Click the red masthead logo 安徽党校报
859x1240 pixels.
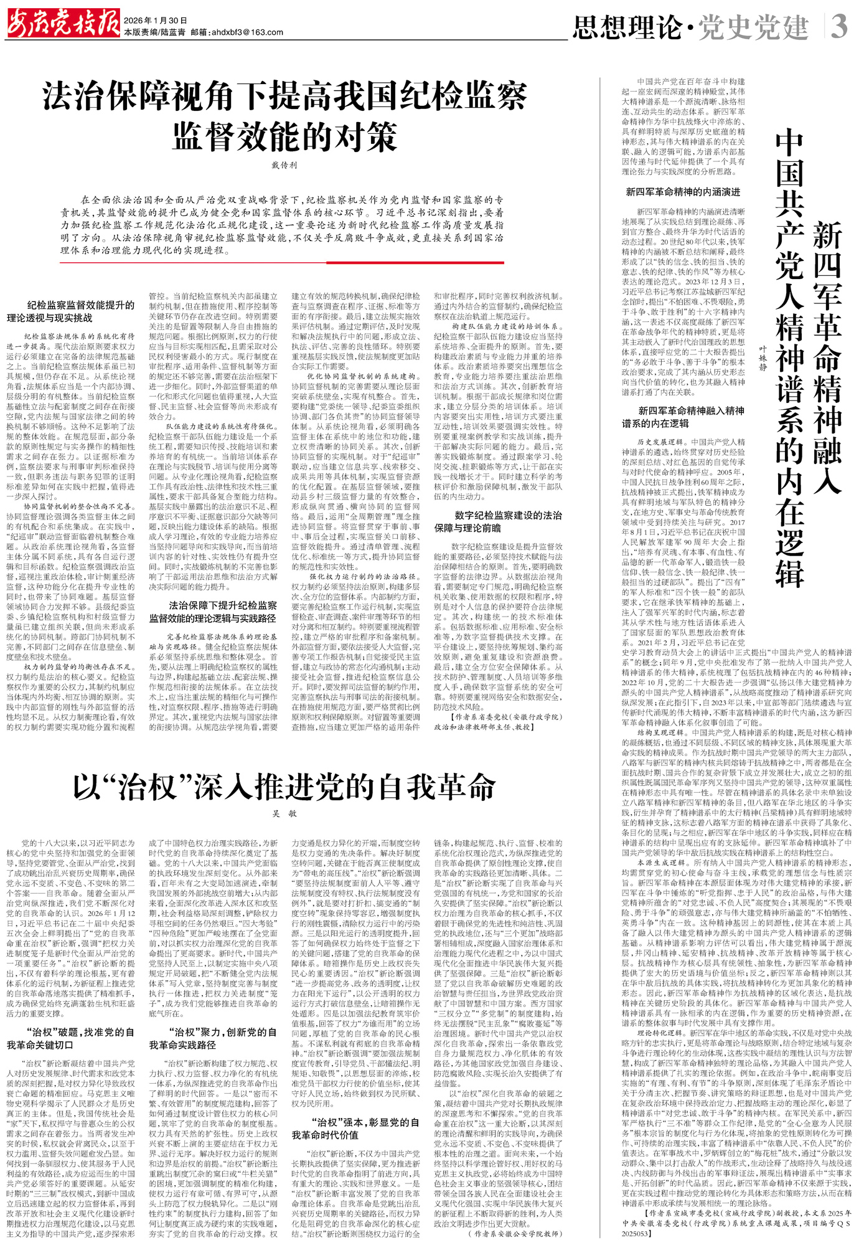pos(62,23)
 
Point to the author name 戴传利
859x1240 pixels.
pos(284,165)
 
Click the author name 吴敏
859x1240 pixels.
pos(284,813)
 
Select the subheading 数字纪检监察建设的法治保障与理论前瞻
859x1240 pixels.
pos(499,521)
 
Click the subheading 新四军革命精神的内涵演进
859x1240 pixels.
pos(683,192)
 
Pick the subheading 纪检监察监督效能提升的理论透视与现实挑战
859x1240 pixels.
pos(71,311)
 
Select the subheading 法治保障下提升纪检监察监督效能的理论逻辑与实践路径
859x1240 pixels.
pos(213,612)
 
